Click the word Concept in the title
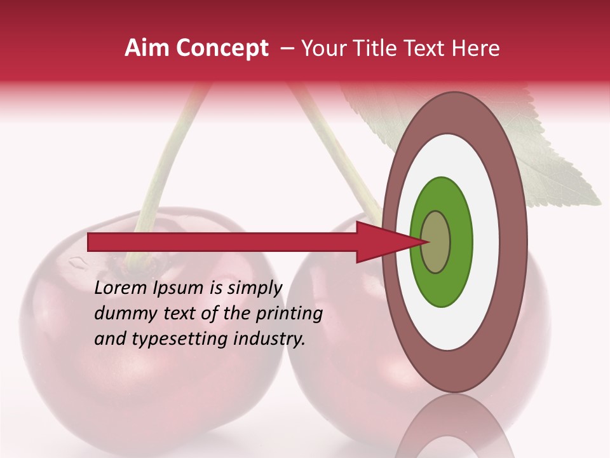pos(222,48)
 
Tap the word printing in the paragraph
pos(289,314)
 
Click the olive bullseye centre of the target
pos(435,242)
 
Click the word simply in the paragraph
pos(254,288)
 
